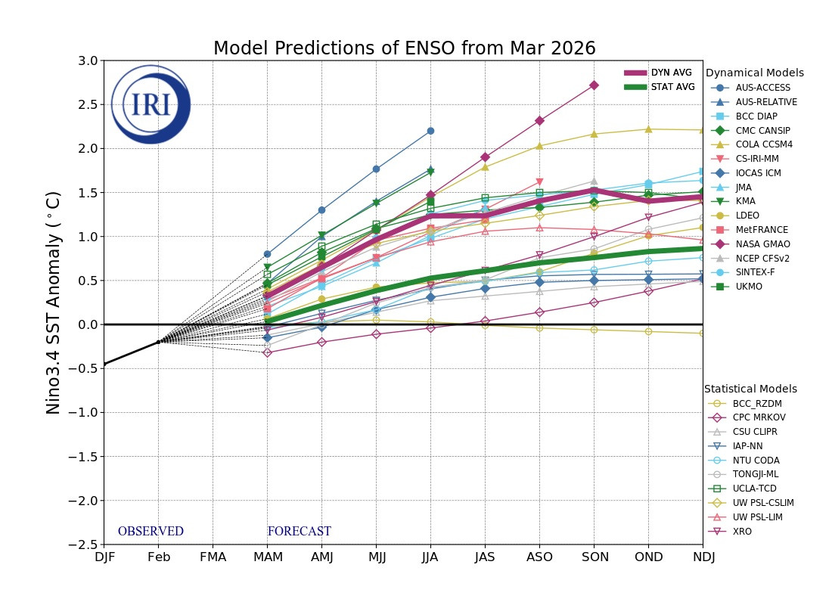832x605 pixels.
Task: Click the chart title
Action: point(405,48)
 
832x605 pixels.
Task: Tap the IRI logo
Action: point(151,104)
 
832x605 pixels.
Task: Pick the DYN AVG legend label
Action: point(671,73)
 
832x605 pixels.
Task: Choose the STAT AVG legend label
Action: point(673,87)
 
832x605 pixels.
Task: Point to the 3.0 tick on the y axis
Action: point(88,60)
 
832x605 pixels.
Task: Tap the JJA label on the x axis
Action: point(430,557)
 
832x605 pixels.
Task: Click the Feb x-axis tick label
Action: point(159,557)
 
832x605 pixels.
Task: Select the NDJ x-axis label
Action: point(703,557)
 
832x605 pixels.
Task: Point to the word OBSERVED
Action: point(151,531)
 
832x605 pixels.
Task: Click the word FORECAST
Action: point(300,531)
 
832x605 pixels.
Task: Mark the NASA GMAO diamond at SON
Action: point(595,85)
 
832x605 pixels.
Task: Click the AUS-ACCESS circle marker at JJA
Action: point(430,131)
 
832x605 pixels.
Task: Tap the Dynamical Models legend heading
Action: point(755,73)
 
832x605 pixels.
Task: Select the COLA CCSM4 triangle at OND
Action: point(648,129)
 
